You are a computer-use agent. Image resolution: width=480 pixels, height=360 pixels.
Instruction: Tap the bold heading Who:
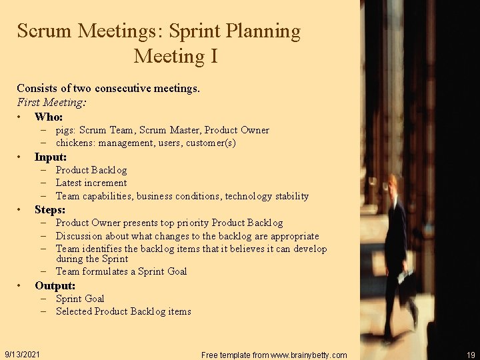[x=49, y=117]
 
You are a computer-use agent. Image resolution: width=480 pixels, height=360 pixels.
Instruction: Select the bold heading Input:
[x=51, y=157]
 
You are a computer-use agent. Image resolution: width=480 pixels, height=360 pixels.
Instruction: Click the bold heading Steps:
[x=50, y=210]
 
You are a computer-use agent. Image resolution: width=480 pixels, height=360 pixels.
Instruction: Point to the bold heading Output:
[x=55, y=286]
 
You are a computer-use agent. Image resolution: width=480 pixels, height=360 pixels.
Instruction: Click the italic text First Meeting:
[x=51, y=103]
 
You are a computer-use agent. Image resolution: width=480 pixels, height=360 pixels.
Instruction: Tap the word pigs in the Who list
[x=65, y=131]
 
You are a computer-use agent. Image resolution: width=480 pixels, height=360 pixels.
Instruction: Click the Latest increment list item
[x=91, y=183]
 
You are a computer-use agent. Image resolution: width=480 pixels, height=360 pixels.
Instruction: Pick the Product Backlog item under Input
[x=91, y=170]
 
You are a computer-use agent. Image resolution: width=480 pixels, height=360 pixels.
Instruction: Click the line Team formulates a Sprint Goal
[x=121, y=271]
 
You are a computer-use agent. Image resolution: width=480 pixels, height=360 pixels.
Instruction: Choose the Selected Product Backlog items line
[x=123, y=311]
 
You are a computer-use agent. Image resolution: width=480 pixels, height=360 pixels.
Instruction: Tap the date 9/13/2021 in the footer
[x=21, y=354]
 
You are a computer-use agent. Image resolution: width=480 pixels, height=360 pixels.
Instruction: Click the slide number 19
[x=471, y=355]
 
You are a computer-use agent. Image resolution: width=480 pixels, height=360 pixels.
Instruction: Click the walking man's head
[x=394, y=183]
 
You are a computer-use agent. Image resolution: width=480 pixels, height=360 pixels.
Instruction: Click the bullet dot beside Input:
[x=20, y=158]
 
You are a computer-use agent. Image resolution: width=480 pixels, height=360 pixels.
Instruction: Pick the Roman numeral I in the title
[x=213, y=56]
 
